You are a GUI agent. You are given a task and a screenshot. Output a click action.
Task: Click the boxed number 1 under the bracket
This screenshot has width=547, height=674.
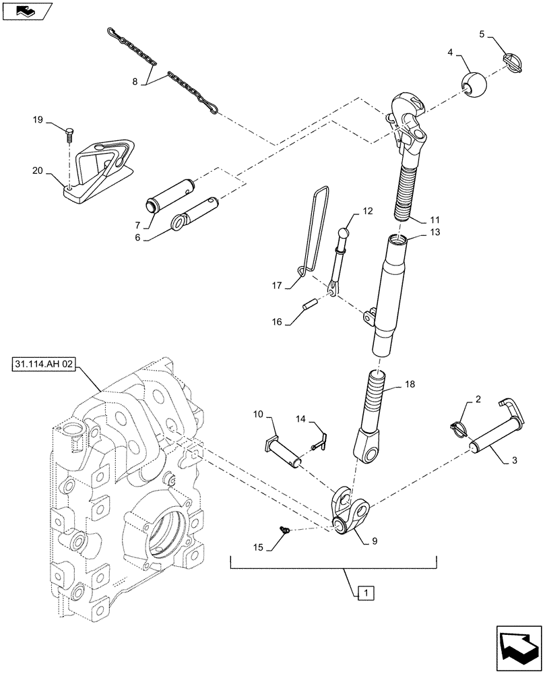364,594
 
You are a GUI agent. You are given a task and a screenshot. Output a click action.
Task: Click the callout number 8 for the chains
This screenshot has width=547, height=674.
135,82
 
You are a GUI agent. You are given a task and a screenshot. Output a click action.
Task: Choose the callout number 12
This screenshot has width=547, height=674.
367,211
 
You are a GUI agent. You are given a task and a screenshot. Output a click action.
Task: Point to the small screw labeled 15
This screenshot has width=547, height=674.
285,532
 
